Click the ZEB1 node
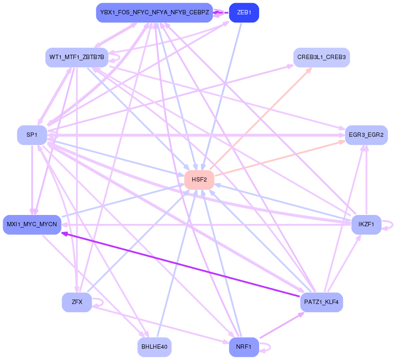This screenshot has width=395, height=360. point(244,13)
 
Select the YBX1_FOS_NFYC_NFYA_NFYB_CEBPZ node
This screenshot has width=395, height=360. point(155,13)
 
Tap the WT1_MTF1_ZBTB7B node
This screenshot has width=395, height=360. point(77,57)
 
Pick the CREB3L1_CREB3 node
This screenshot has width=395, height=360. point(321,57)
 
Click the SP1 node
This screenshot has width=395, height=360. point(32,135)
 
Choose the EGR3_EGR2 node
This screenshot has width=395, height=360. point(366,135)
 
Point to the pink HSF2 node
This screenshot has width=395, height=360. point(199,180)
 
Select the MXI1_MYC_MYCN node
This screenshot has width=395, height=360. point(32,225)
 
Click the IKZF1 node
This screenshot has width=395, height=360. point(366,225)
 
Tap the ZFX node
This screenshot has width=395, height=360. point(77,302)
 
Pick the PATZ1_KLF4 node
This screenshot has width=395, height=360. point(321,302)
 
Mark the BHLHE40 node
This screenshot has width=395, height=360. point(155,347)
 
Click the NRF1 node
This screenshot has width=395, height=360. point(244,347)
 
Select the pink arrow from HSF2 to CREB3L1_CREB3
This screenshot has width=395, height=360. point(260,118)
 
